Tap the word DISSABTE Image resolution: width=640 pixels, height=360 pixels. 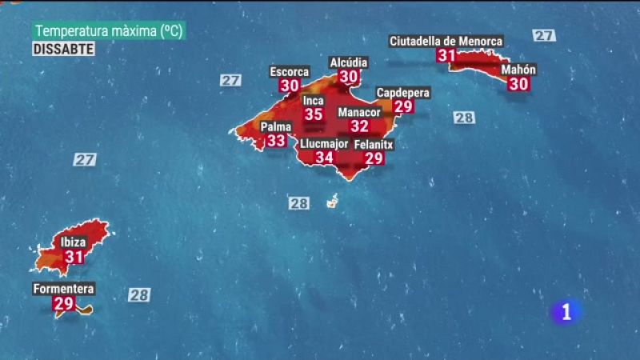coord(64,49)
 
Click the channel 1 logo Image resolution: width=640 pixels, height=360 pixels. coord(566,312)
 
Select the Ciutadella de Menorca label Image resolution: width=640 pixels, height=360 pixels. coord(446,41)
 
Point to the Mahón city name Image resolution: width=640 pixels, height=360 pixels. coord(518,70)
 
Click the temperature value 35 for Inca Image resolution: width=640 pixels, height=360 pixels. coord(314,114)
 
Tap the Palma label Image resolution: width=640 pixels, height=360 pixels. coord(276,126)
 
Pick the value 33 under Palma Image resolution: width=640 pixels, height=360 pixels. coord(276,141)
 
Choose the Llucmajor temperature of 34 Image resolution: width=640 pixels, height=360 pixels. coord(324,158)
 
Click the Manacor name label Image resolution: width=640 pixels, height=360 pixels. coord(359,112)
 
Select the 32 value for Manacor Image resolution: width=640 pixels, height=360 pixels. coord(359,126)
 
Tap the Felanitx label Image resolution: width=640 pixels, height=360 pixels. coord(374,145)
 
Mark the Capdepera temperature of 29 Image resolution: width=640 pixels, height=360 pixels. coord(402,106)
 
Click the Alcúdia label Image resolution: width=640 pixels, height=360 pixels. coord(349,62)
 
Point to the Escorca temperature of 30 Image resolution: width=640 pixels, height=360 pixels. coord(290,86)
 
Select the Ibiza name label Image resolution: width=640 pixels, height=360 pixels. coord(74,242)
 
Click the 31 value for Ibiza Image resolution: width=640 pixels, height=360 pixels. coord(74,257)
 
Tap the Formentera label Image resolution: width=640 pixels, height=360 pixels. coord(64,289)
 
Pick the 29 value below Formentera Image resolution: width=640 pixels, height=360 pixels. coord(63,303)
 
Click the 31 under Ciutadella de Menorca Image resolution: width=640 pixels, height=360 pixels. coord(446,55)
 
